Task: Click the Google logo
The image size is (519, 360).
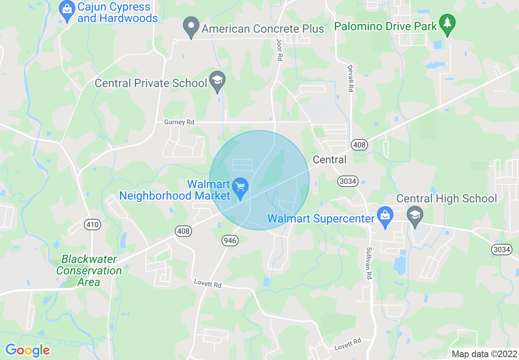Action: tap(27, 350)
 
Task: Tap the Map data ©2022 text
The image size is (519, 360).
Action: tap(484, 354)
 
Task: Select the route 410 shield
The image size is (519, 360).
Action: tap(93, 224)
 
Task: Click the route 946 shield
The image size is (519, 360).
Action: tap(230, 240)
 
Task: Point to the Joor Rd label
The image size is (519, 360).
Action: tap(280, 51)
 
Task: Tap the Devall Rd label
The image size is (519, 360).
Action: tap(350, 78)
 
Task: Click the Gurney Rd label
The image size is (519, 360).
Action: tap(179, 122)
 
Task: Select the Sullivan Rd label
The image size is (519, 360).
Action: tap(369, 263)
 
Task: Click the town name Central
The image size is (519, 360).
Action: tap(329, 159)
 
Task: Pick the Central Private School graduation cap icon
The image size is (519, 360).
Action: tap(217, 81)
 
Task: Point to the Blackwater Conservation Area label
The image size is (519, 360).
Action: tap(88, 270)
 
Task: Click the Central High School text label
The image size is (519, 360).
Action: tap(447, 199)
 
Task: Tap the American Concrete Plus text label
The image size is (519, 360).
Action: tap(263, 29)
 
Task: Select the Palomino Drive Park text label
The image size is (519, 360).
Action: tap(386, 27)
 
